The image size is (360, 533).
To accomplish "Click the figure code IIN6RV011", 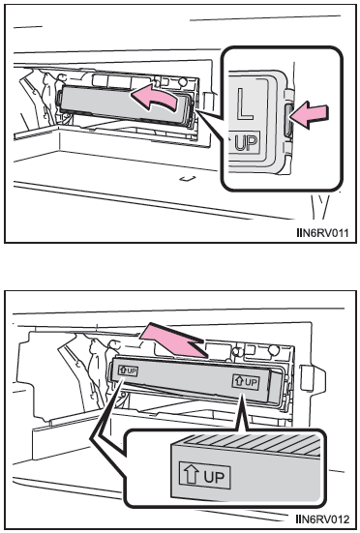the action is (322, 233).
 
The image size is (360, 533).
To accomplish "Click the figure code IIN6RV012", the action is (322, 519).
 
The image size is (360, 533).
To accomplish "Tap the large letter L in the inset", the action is (246, 104).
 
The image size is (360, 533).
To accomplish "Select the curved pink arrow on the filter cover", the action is (155, 99).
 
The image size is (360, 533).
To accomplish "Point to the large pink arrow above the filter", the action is (173, 340).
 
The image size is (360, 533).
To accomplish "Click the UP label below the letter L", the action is (244, 142).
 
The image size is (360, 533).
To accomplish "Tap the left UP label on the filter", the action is (128, 370).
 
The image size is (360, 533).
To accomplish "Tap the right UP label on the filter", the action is (246, 382).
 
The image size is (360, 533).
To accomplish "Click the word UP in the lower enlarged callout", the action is (215, 477).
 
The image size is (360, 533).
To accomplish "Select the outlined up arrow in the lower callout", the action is (191, 474).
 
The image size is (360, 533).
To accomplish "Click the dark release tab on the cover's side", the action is (288, 120).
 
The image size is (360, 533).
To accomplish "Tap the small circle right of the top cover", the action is (183, 82).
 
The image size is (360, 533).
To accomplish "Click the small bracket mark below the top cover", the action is (188, 178).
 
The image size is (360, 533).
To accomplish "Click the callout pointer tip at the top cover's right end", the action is (196, 110).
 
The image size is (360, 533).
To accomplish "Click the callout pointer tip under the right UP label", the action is (242, 395).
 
